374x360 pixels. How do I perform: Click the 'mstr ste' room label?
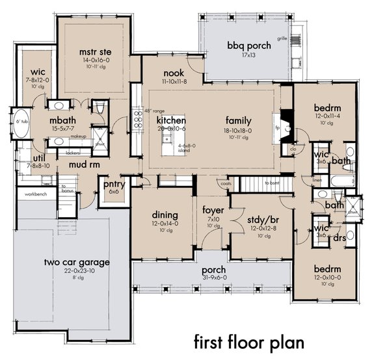tap(89, 51)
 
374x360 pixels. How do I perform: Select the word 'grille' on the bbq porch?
tap(282, 38)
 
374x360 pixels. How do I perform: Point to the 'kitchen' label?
tap(171, 121)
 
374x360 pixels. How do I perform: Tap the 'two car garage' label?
tap(77, 263)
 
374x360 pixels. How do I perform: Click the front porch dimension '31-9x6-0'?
tap(213, 278)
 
